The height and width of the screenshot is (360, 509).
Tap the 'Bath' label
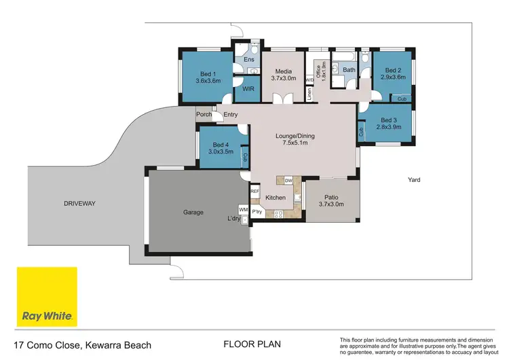pos(349,70)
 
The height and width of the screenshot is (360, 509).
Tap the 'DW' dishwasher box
pos(288,180)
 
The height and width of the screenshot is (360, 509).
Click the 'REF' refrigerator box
pos(255,192)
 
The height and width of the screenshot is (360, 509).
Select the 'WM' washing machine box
pos(243,210)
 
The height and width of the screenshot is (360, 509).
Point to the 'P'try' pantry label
pos(257,212)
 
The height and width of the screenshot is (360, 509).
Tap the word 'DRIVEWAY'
pos(79,204)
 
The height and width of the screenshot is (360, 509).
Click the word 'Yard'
pos(414,180)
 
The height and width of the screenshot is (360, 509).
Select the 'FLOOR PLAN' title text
pos(252,345)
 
